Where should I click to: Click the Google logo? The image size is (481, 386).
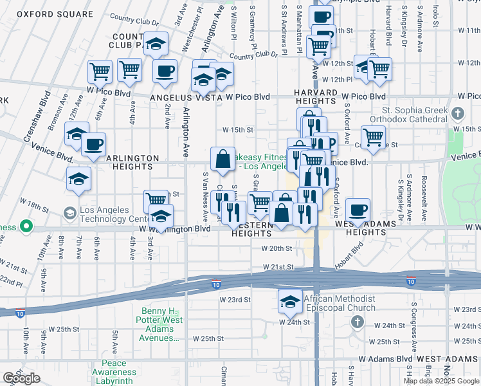click(x=21, y=378)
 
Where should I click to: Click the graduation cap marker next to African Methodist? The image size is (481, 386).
click(x=290, y=300)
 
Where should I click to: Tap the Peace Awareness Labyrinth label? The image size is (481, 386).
click(x=114, y=372)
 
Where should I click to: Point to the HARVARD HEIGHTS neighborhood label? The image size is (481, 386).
click(x=316, y=97)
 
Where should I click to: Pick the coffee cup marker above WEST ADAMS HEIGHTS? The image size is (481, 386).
click(x=358, y=210)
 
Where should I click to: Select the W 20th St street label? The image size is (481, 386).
click(x=277, y=248)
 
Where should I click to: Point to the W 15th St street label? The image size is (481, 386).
click(x=238, y=129)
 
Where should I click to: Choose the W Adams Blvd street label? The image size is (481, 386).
click(x=386, y=358)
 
